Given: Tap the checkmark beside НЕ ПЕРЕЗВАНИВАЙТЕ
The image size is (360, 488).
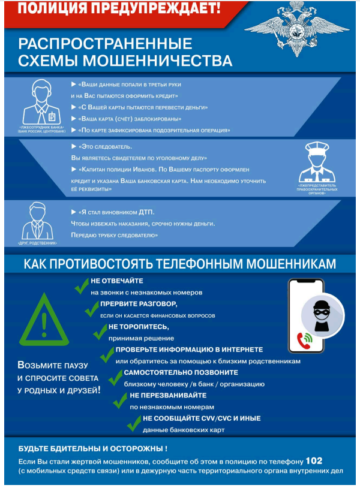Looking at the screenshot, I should point(121,400).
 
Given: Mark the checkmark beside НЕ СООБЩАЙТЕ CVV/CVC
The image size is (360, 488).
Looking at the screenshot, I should point(133,423).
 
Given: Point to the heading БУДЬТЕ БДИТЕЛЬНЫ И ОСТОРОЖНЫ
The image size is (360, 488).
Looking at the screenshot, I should point(93,448).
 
